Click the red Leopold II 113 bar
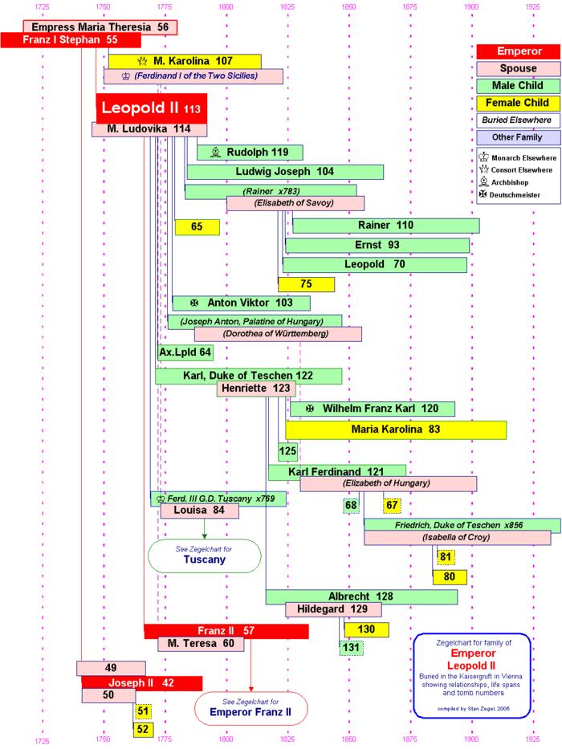pos(152,108)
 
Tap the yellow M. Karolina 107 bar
pos(185,61)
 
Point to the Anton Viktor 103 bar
pos(241,303)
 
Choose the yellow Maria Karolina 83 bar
pos(396,429)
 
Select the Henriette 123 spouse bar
pos(256,389)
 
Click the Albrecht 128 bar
pos(361,596)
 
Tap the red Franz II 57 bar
pos(226,631)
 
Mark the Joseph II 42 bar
pos(141,683)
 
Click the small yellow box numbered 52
pos(143,729)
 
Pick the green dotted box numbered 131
pos(351,647)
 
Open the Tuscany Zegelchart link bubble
pos(204,555)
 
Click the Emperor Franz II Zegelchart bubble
pos(250,707)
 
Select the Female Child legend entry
pos(518,103)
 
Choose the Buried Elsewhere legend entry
pos(518,120)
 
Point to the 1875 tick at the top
pos(409,6)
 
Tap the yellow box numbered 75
pos(306,284)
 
